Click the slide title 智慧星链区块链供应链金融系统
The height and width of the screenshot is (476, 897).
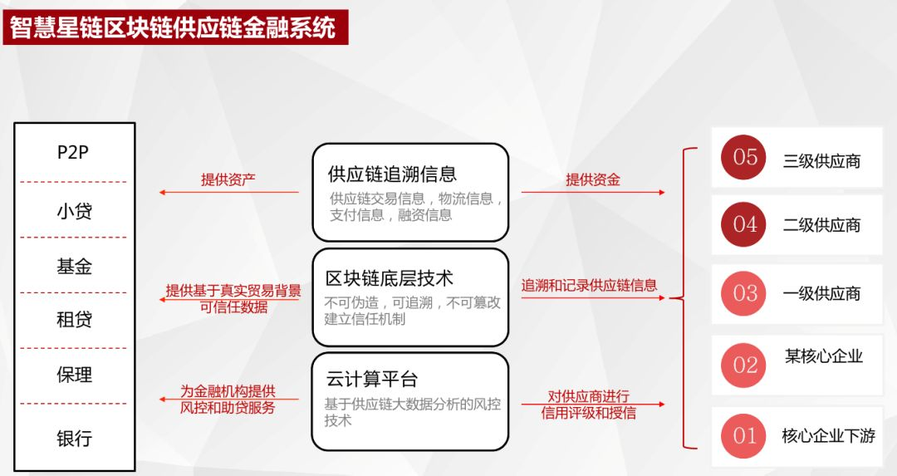point(174,27)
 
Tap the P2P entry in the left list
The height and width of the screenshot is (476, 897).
point(73,153)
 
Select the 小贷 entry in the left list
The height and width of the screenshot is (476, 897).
point(74,211)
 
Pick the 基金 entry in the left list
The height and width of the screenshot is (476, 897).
point(74,266)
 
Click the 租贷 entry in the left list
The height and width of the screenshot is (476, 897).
point(74,320)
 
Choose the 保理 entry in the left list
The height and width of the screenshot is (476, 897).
point(74,375)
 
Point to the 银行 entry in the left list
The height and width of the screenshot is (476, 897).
point(74,438)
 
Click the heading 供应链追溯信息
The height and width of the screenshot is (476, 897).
point(392,174)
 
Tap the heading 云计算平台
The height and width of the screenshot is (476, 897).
point(372,380)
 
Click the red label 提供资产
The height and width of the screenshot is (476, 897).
point(228,179)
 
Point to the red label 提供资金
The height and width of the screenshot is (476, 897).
point(593,179)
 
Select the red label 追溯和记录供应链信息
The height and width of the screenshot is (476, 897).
point(589,285)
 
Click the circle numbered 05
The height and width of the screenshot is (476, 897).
point(745,156)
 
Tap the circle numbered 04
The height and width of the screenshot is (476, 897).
point(745,224)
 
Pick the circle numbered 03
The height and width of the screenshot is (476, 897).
point(745,293)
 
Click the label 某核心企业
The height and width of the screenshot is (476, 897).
point(824,356)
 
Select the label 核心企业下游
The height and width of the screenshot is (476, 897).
point(828,435)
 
